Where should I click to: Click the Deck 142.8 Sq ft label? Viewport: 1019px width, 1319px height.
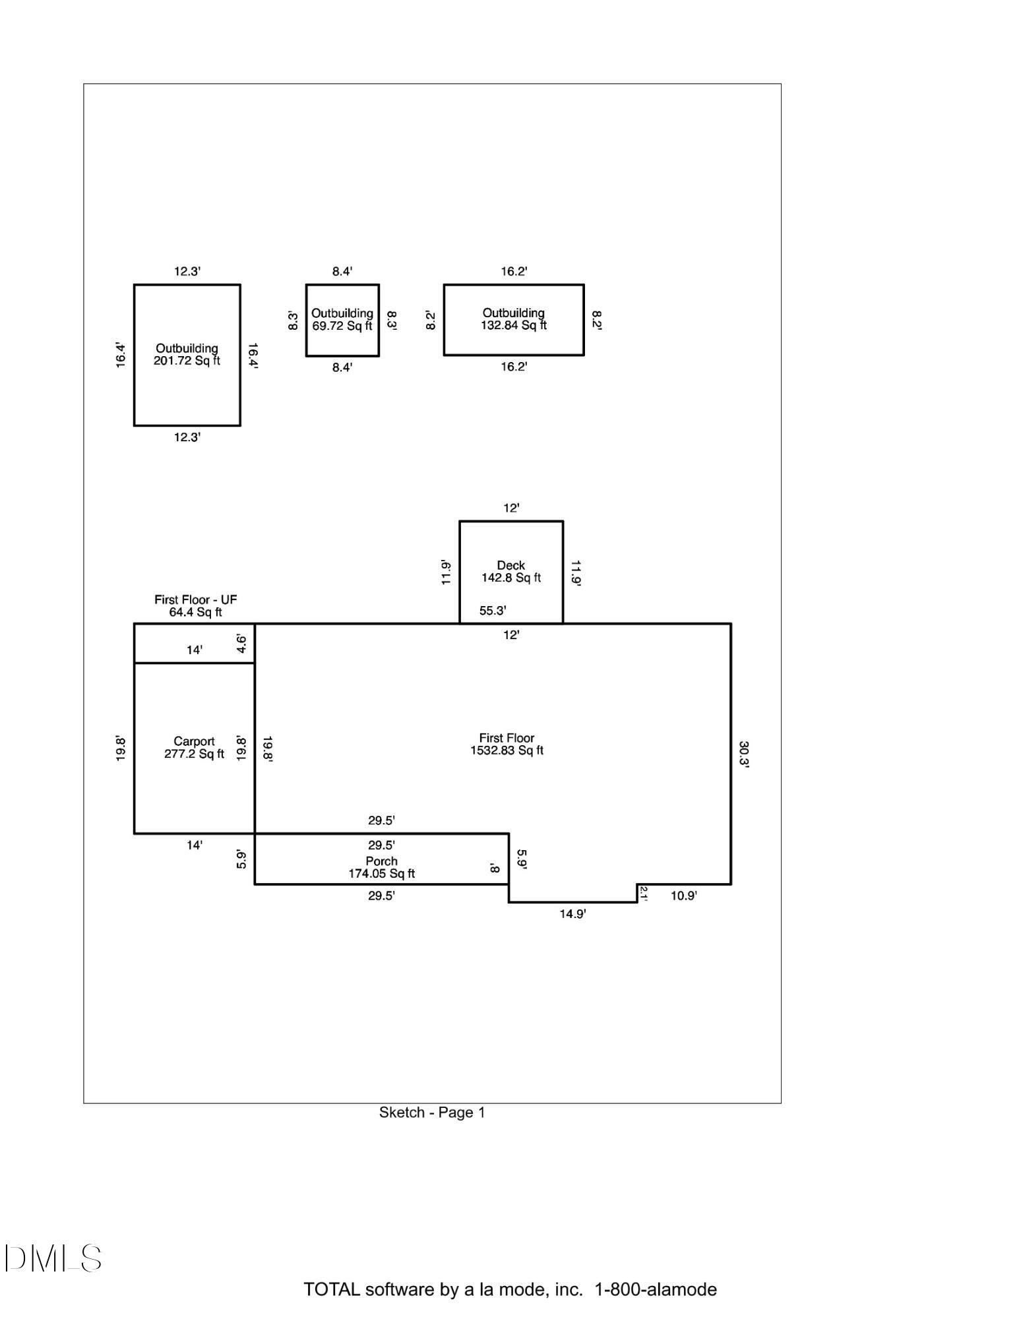(511, 572)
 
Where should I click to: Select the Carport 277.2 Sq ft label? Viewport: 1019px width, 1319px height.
(194, 748)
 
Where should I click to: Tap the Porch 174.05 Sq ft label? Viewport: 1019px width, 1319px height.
(382, 867)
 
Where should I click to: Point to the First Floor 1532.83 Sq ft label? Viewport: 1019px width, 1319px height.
(507, 744)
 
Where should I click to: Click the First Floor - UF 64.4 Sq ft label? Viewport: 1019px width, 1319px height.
(195, 605)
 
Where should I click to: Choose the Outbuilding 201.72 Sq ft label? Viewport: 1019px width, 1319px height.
(187, 354)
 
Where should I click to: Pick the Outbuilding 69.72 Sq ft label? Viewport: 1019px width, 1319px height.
(342, 319)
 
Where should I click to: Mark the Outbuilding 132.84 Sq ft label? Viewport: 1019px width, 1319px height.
(514, 319)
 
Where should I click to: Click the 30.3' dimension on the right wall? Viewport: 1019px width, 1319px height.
(743, 754)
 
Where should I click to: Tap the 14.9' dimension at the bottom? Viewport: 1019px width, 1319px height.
(572, 914)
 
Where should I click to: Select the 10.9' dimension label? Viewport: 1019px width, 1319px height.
(683, 896)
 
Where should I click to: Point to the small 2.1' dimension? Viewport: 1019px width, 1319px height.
(644, 894)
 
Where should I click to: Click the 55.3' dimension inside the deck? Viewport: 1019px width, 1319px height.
(493, 611)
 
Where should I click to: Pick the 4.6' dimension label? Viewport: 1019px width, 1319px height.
(242, 644)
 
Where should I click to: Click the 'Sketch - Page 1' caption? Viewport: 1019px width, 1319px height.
(432, 1113)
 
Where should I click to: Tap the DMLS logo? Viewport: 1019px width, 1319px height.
(53, 1258)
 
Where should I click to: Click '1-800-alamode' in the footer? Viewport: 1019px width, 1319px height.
(656, 1289)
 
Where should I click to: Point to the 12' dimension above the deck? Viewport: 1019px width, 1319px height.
(511, 508)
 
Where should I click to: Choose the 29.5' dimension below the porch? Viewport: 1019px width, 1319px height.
(381, 896)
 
